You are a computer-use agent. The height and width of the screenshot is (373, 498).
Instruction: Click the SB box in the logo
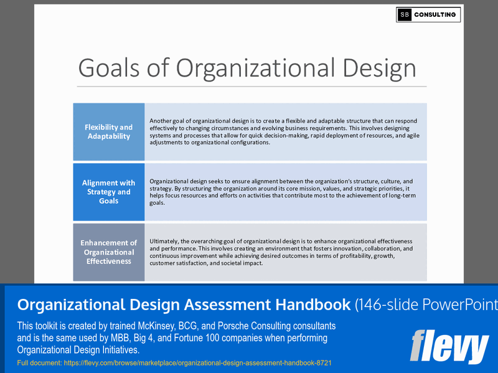[x=405, y=15]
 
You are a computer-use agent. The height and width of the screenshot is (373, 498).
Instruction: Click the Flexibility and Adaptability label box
[x=109, y=131]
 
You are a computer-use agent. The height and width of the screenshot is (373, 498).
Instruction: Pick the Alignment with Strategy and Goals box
[x=109, y=192]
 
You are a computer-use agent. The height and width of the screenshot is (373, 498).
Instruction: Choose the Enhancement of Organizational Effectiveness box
[x=109, y=252]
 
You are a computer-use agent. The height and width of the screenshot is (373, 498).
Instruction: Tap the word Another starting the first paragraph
[x=162, y=120]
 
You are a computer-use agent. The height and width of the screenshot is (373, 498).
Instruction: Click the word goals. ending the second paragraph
[x=157, y=203]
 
